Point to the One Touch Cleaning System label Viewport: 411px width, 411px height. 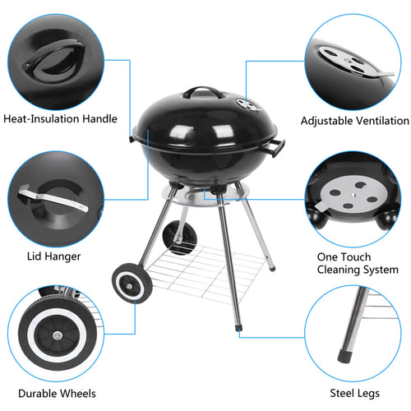tap(358, 263)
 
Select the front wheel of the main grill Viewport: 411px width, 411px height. tap(129, 284)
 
